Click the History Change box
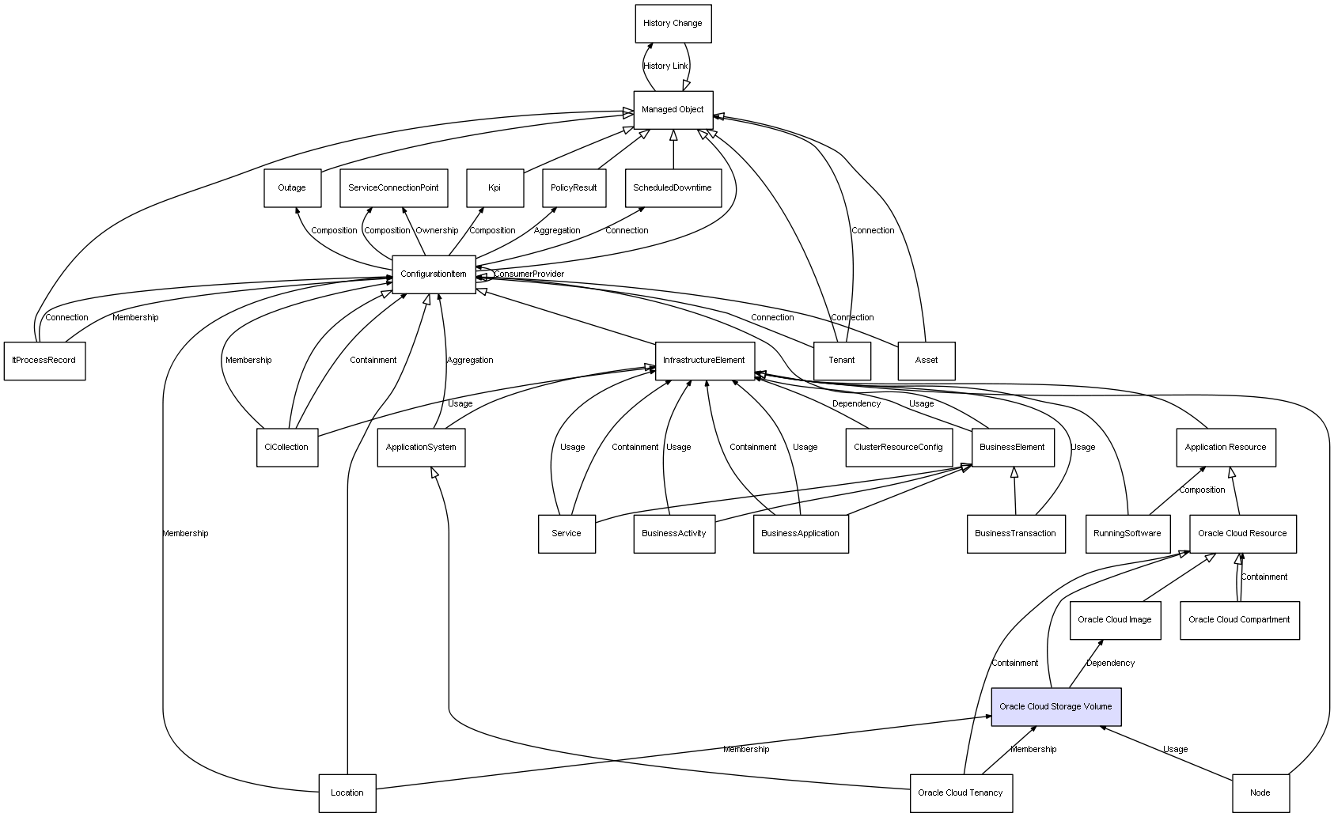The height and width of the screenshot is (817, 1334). tap(673, 24)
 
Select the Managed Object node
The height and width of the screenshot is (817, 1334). tap(673, 110)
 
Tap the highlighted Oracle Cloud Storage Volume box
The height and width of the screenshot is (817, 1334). tap(1055, 707)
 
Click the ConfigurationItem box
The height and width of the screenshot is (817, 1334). tap(434, 274)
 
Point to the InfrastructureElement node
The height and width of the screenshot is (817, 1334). tap(704, 361)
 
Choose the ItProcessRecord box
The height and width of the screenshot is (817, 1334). tap(44, 361)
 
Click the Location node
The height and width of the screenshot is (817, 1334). tap(347, 793)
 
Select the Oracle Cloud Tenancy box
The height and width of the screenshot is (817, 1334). tap(961, 793)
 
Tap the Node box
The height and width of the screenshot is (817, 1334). tap(1260, 793)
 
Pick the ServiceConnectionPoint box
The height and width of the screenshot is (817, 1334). tap(394, 188)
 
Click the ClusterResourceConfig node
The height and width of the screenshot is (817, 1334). tap(898, 447)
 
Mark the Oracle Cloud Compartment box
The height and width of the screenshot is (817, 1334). tap(1239, 621)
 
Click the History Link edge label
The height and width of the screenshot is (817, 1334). tap(665, 66)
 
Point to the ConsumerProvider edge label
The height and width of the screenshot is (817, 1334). tap(529, 274)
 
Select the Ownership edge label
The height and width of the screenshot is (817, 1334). tap(437, 230)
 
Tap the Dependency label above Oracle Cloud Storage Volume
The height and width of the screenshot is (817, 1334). tap(1110, 664)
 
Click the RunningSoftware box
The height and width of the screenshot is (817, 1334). tap(1127, 534)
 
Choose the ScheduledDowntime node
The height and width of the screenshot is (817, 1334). tap(673, 188)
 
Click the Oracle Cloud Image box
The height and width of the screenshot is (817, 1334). tap(1115, 621)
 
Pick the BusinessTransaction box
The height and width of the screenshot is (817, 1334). tap(1015, 534)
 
